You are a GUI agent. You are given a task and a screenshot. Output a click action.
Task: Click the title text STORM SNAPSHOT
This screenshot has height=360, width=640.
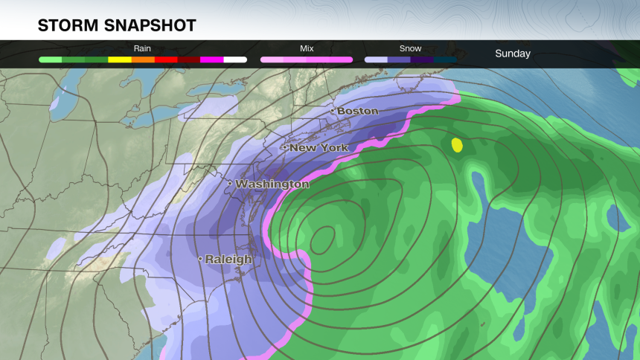[117, 26]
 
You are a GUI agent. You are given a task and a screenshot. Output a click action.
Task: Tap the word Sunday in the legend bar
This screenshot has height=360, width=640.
[513, 54]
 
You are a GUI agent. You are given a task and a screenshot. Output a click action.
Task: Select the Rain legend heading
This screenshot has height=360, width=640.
[142, 48]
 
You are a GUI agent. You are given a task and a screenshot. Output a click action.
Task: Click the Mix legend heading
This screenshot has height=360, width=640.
[307, 48]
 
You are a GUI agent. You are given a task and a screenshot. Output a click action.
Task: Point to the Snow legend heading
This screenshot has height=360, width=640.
[410, 48]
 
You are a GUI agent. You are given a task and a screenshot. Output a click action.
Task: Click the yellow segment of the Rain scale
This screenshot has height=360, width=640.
[120, 60]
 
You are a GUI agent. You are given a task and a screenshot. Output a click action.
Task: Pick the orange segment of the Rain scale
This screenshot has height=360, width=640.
[143, 60]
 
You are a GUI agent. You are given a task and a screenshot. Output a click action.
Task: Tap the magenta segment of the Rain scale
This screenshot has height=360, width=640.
[211, 60]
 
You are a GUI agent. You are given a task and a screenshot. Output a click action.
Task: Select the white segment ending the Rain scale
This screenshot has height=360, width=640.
[235, 60]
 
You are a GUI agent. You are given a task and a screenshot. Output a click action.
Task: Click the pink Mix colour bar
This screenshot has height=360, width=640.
[307, 60]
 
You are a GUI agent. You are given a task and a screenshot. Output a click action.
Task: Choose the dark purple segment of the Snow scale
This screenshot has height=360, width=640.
[422, 60]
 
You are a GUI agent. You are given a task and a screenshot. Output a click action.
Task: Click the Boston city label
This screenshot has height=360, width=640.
[358, 111]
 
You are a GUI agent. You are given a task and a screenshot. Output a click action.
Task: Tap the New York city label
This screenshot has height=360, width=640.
[319, 148]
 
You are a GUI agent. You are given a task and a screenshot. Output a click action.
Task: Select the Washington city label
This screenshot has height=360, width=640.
[272, 184]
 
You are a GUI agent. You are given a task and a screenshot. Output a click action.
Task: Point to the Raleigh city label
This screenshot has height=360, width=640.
[228, 260]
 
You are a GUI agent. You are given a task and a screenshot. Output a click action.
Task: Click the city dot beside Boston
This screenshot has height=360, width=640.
[333, 111]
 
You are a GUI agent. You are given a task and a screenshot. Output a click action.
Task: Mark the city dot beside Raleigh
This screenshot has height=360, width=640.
[200, 259]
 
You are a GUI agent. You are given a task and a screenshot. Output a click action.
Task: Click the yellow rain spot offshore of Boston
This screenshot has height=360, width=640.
[457, 145]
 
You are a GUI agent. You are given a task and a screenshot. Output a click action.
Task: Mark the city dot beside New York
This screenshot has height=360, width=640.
[284, 147]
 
